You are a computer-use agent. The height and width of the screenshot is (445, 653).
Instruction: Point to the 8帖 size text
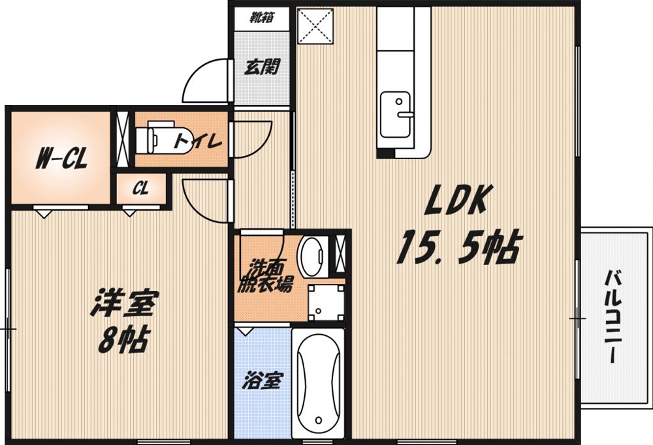123,339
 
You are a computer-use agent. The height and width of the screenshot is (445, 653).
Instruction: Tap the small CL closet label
140,189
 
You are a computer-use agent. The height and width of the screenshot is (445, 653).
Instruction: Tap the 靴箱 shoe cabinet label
261,18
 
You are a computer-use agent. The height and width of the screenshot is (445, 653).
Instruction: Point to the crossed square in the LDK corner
315,26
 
